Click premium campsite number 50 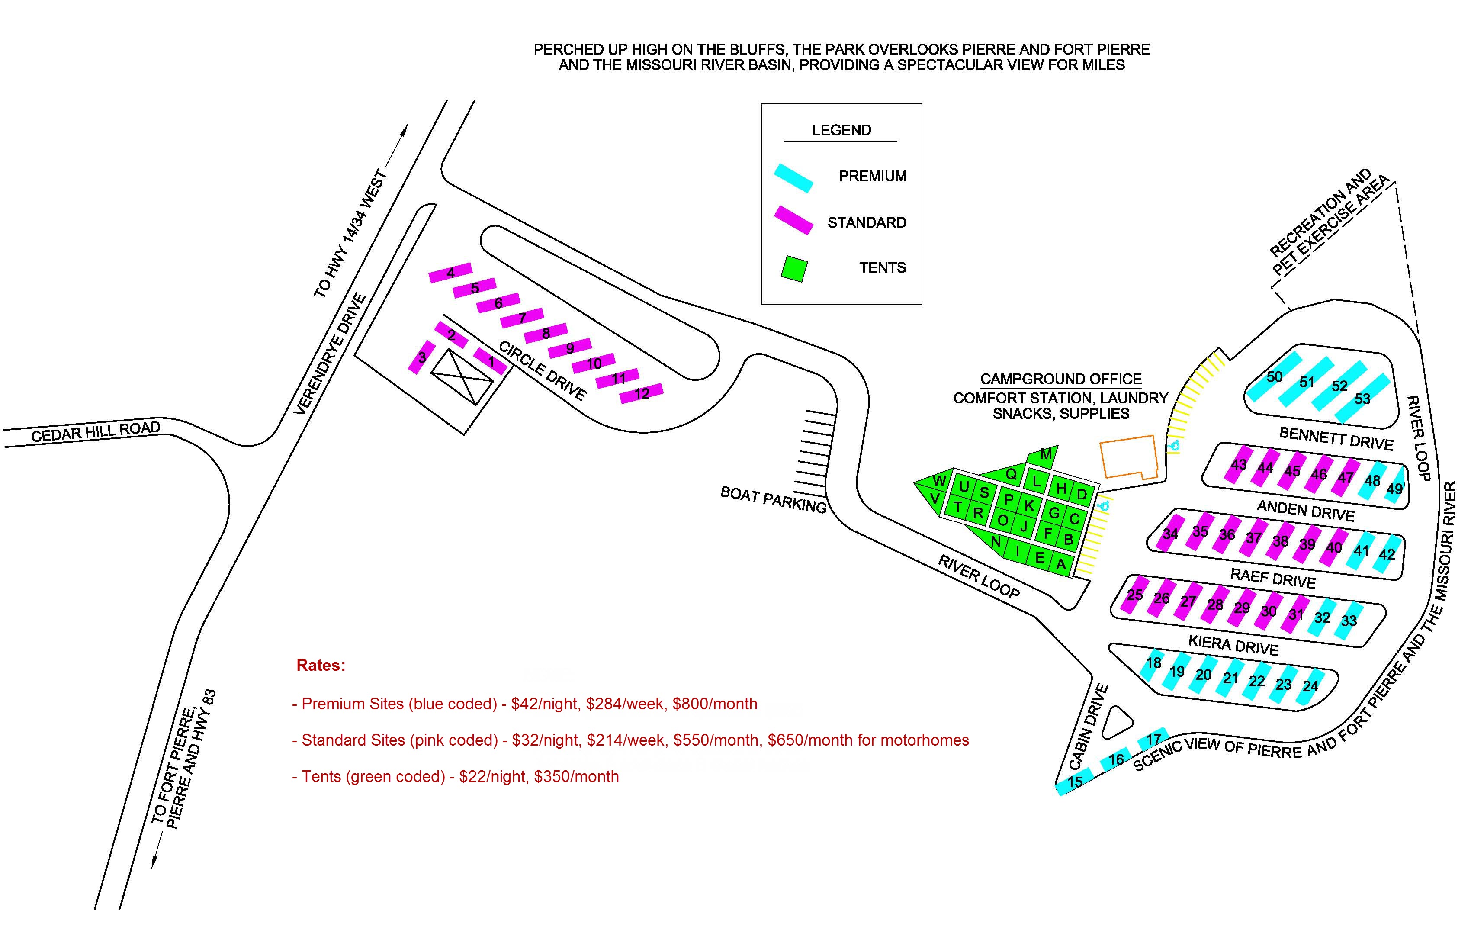coord(1275,376)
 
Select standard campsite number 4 coord(450,273)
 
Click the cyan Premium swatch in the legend coord(793,178)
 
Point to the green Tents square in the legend coord(794,269)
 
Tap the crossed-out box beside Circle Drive coord(462,376)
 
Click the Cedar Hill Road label coord(96,431)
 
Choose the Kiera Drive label coord(1233,645)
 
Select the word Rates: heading coord(321,665)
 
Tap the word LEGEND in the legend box coord(841,130)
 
